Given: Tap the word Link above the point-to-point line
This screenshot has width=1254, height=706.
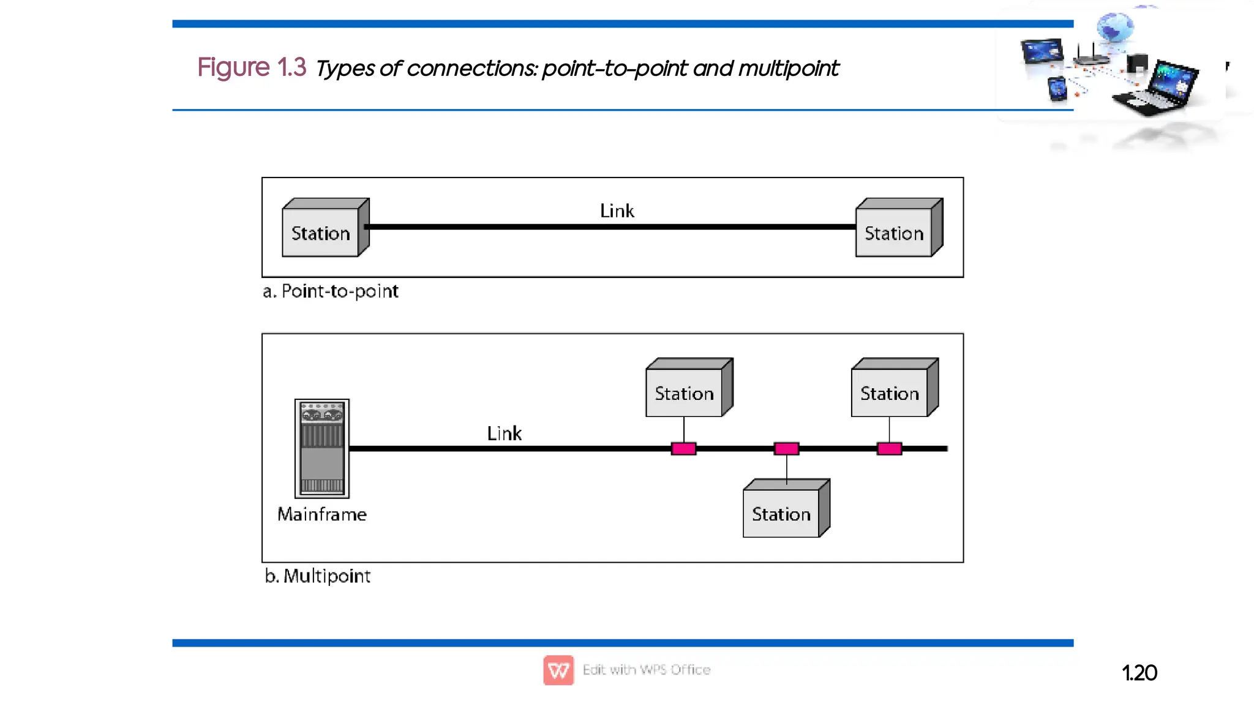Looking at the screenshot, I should pyautogui.click(x=617, y=211).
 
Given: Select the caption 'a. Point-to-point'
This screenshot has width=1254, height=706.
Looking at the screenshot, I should pyautogui.click(x=331, y=291).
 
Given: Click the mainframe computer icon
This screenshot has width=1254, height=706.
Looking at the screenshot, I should pyautogui.click(x=322, y=448).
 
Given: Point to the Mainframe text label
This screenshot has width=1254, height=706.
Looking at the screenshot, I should pyautogui.click(x=322, y=514).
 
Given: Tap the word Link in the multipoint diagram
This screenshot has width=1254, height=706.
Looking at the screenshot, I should pyautogui.click(x=504, y=434).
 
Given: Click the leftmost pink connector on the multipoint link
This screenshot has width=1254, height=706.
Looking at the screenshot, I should pyautogui.click(x=683, y=449).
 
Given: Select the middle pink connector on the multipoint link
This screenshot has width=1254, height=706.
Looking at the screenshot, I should pyautogui.click(x=786, y=449).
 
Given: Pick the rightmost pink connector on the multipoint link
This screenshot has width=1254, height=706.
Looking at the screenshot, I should pyautogui.click(x=889, y=449).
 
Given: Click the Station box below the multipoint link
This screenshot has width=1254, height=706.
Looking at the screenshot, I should pyautogui.click(x=782, y=513).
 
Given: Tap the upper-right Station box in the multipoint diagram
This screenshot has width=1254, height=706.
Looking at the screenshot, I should pyautogui.click(x=890, y=392).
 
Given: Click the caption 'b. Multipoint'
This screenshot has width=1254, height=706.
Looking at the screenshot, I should pyautogui.click(x=318, y=576).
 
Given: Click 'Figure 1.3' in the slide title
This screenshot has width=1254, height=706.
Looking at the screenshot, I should pyautogui.click(x=251, y=67).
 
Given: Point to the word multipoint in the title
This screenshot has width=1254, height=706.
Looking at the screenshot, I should pyautogui.click(x=788, y=69).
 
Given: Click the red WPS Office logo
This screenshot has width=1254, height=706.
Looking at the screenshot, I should pyautogui.click(x=558, y=670).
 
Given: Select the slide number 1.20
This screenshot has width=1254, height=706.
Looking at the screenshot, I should pyautogui.click(x=1139, y=673).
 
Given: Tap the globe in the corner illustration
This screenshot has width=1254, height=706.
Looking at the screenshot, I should pyautogui.click(x=1114, y=28).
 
